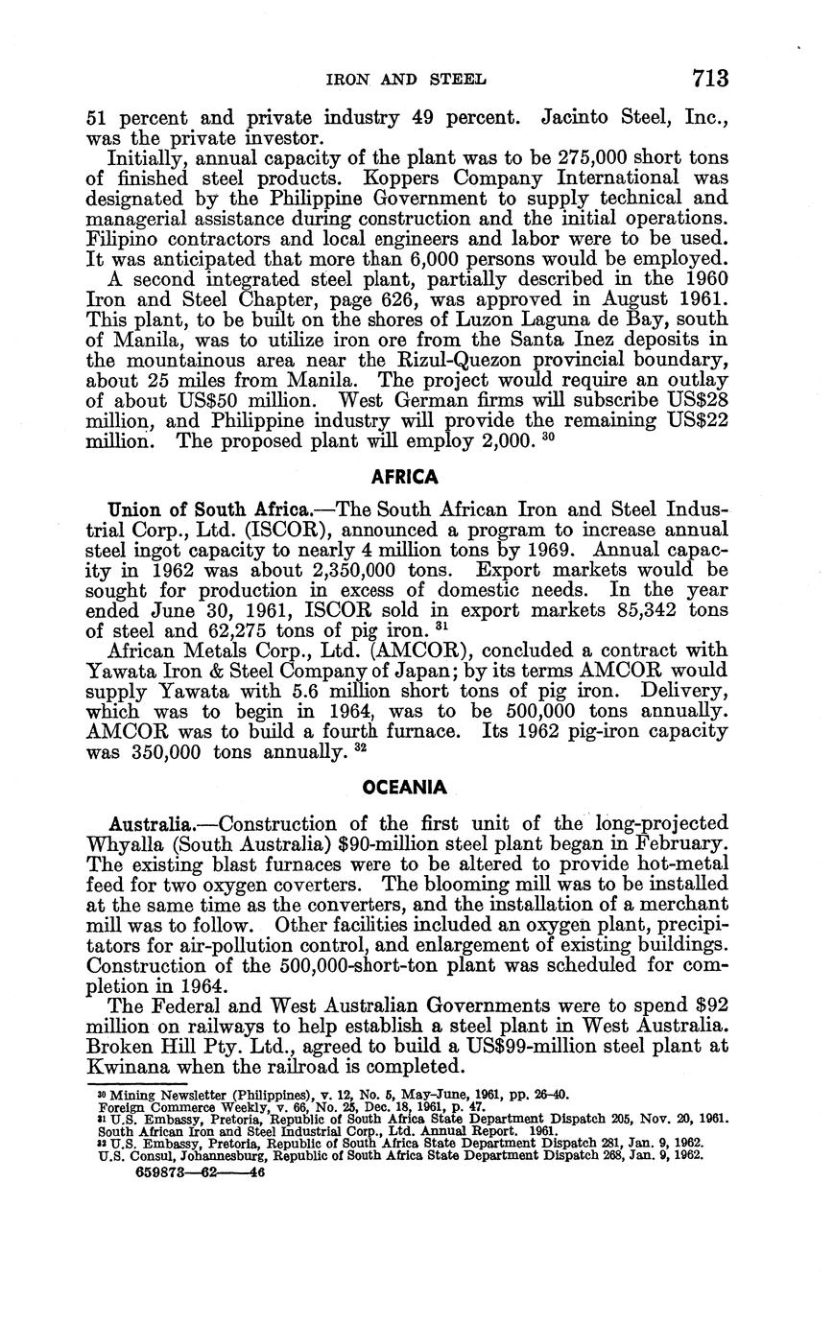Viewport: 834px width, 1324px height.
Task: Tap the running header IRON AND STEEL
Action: [x=408, y=79]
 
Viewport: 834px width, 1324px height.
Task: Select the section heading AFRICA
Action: [x=406, y=477]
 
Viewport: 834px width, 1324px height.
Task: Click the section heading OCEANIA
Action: [x=405, y=788]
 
